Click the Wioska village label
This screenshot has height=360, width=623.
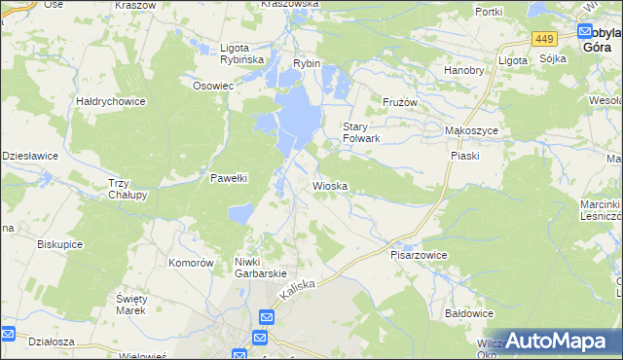tap(330, 185)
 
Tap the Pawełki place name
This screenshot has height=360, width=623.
tap(232, 177)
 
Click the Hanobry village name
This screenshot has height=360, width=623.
tap(463, 70)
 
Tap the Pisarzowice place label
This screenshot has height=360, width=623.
tap(419, 255)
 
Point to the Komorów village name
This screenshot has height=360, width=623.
tap(191, 263)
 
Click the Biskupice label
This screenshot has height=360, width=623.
tap(58, 245)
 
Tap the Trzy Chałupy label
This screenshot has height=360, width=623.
tap(128, 189)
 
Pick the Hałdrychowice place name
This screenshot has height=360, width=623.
tap(111, 100)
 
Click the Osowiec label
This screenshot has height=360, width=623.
tap(213, 85)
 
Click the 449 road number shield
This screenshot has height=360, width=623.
tap(544, 39)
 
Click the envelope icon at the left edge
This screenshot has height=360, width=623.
tap(8, 336)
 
